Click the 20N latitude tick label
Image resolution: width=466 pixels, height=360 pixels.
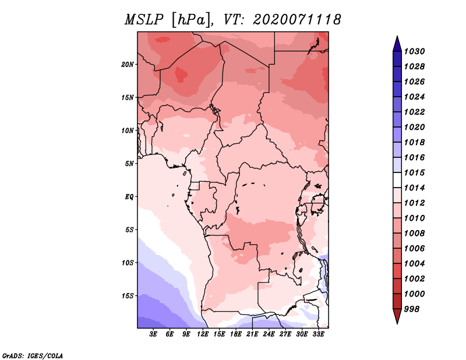[x=127, y=64]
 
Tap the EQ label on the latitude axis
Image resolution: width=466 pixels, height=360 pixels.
[x=129, y=197]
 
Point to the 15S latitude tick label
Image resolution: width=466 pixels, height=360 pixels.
[x=128, y=296]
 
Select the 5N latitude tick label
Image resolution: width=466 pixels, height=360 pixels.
[x=129, y=164]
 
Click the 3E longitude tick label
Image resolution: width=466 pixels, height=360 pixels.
[x=153, y=334]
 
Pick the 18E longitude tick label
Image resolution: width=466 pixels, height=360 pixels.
[x=236, y=334]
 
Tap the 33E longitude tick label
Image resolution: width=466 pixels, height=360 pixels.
[x=318, y=334]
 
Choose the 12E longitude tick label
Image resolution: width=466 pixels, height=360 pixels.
[x=203, y=334]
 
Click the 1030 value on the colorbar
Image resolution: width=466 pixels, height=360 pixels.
[x=415, y=51]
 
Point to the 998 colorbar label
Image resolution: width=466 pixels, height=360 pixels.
[x=412, y=309]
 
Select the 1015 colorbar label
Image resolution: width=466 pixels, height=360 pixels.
[x=415, y=172]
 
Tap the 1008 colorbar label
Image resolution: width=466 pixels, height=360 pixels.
[x=415, y=234]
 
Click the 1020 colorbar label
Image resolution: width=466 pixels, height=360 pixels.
[x=415, y=127]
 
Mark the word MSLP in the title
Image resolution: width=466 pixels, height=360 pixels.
[x=144, y=20]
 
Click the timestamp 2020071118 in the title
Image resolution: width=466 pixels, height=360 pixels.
[x=297, y=20]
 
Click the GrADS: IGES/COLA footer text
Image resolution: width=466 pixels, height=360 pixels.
[x=33, y=355]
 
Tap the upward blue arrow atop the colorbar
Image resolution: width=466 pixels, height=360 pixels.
[x=397, y=44]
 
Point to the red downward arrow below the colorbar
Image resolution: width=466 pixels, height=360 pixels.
[x=397, y=316]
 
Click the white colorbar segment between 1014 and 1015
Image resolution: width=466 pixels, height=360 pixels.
[x=397, y=180]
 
